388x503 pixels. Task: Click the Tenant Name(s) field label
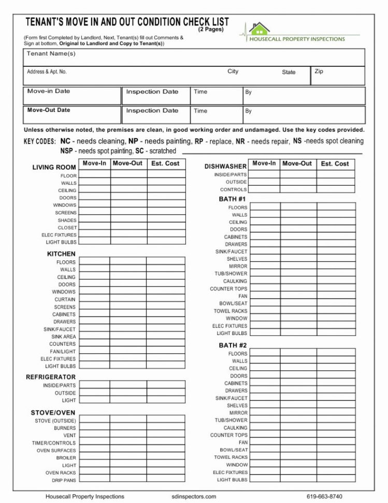51,54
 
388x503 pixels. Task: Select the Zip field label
319,72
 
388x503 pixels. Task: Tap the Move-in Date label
49,91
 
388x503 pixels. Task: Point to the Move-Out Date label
49,110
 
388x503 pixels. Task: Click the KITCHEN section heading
61,254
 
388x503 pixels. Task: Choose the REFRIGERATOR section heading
51,377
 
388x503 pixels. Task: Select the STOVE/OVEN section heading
53,413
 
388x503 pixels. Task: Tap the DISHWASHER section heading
225,166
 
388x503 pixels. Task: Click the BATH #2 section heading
233,345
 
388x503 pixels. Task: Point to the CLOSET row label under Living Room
67,228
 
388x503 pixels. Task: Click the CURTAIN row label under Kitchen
65,299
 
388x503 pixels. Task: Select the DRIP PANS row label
64,480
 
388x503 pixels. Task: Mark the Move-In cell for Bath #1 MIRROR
265,266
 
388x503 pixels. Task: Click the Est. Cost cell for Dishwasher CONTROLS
336,189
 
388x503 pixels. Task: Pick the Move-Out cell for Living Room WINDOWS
128,205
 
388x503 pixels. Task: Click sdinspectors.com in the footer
194,496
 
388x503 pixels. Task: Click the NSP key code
66,151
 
